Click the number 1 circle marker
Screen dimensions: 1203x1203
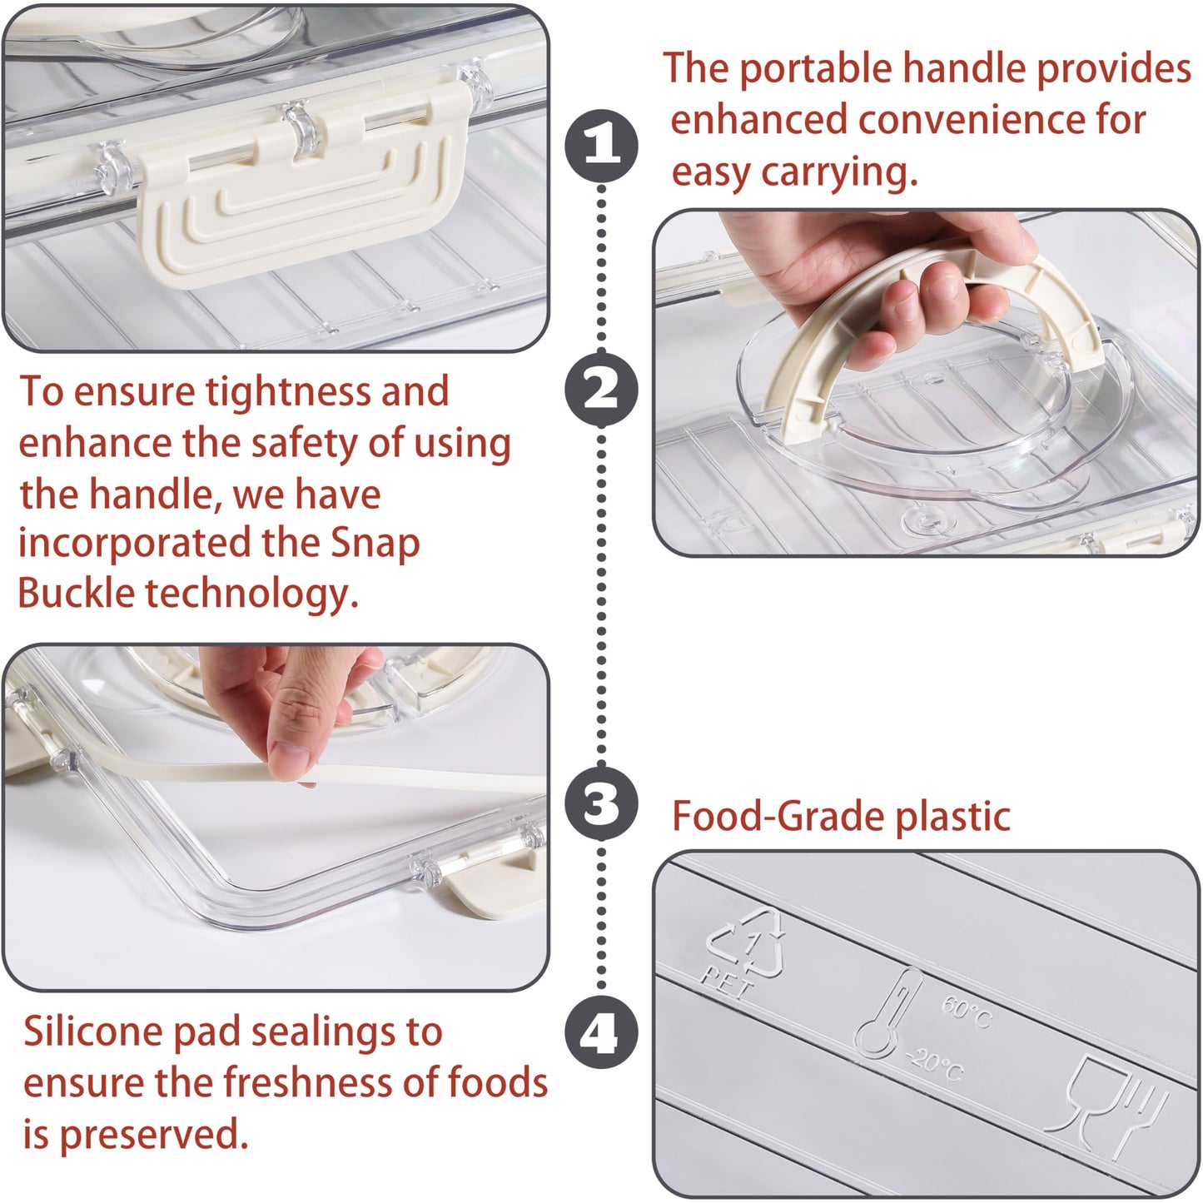pos(602,147)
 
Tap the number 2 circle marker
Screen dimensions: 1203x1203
pos(602,390)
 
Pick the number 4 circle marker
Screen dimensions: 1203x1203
pos(602,1033)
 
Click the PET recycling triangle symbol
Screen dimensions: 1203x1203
pos(747,946)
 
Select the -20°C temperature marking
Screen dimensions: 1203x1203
pos(936,1065)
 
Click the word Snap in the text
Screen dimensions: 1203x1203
pos(375,544)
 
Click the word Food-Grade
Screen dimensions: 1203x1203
pos(778,817)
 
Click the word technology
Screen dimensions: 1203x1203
pos(251,594)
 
